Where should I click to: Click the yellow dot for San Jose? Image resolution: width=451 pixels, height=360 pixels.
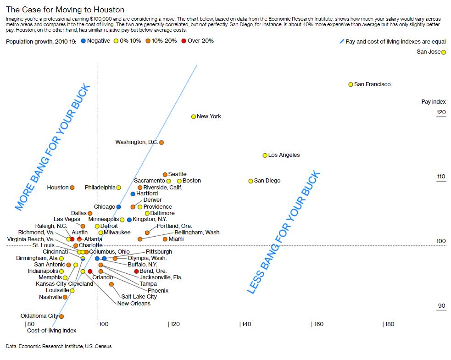(x=443, y=52)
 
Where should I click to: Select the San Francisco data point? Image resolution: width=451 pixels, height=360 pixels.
(x=351, y=84)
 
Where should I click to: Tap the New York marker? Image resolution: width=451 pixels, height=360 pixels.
(x=194, y=116)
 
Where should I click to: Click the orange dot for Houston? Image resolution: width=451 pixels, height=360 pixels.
(x=72, y=188)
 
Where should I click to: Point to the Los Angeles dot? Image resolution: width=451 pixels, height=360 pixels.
(x=265, y=155)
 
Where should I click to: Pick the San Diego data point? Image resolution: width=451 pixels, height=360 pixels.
(x=251, y=181)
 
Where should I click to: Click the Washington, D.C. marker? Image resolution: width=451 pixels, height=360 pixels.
(x=161, y=143)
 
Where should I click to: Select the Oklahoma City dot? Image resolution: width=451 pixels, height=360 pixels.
(x=61, y=316)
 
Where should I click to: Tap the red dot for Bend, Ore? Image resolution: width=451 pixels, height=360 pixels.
(x=136, y=271)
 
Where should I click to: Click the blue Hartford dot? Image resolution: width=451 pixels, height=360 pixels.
(x=133, y=194)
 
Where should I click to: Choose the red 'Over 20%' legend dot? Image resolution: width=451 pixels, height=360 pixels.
(x=184, y=41)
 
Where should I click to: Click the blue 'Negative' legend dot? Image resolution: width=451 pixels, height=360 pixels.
(x=83, y=41)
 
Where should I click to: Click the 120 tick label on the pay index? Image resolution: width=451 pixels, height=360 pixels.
(x=440, y=112)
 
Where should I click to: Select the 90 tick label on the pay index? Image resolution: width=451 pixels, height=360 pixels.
(x=441, y=306)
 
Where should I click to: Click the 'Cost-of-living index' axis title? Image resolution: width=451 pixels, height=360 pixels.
(x=51, y=330)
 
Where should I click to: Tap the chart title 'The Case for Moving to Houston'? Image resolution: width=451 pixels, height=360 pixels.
(x=65, y=10)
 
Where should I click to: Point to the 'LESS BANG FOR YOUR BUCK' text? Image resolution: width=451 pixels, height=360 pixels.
(x=284, y=233)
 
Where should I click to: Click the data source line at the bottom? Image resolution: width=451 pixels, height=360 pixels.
(x=59, y=346)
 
